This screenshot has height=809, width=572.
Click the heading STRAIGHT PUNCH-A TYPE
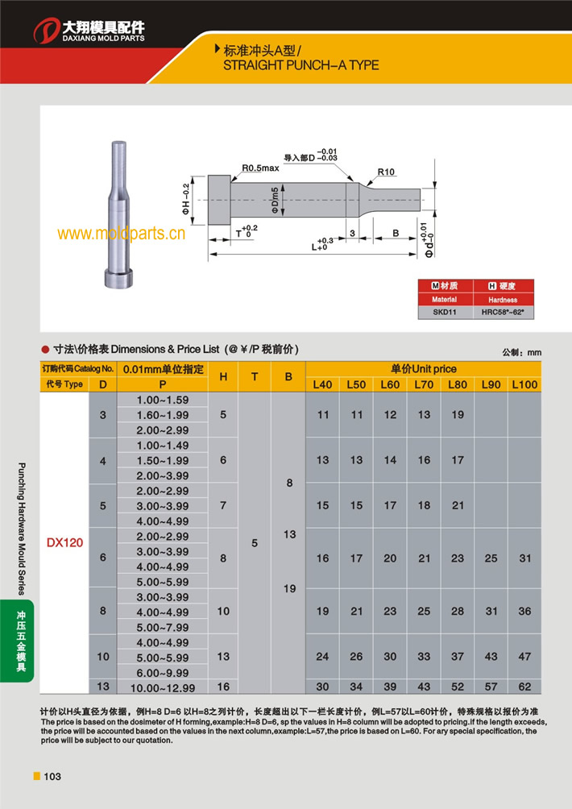pos(300,64)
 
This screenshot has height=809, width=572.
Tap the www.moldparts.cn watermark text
pos(122,234)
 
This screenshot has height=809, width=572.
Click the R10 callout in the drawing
pos(386,172)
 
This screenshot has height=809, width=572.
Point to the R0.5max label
pos(260,168)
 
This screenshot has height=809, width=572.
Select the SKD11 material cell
pos(444,311)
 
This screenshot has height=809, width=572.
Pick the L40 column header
pos(322,384)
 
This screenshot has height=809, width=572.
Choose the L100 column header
pos(524,384)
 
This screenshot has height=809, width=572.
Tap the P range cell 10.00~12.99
pos(164,687)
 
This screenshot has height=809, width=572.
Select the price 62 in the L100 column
pos(524,687)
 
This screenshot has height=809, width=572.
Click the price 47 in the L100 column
pos(524,657)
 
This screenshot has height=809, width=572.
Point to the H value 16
pos(223,687)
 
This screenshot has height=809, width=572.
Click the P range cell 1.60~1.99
pos(164,415)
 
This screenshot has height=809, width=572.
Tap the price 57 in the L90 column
pos(491,687)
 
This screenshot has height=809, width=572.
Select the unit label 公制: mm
pos(521,353)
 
